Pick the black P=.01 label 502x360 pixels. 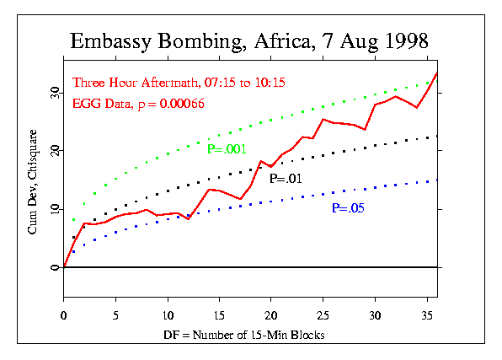(x=285, y=179)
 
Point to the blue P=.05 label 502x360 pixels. (x=348, y=208)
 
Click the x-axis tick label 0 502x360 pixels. (x=64, y=314)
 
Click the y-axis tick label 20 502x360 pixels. (x=54, y=150)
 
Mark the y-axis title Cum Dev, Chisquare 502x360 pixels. (x=32, y=180)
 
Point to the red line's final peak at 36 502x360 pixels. (x=436, y=73)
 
